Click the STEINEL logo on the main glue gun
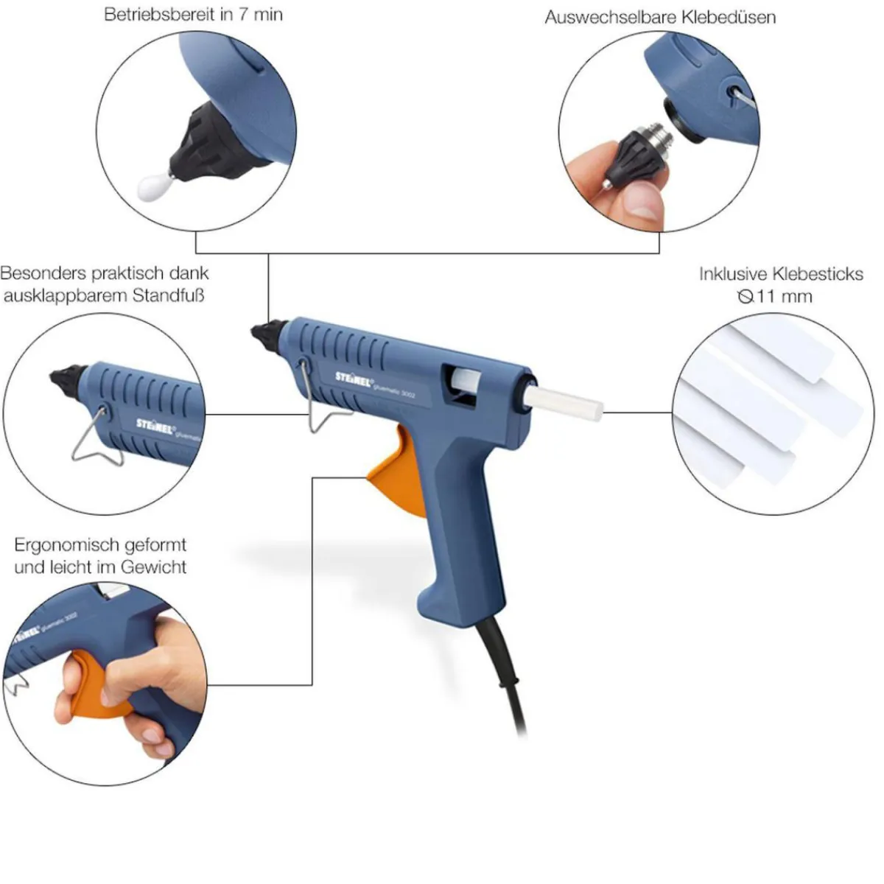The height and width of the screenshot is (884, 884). click(354, 379)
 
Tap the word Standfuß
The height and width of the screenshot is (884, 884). click(168, 295)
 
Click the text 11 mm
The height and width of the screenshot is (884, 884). click(785, 296)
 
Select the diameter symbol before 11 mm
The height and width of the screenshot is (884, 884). click(746, 297)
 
